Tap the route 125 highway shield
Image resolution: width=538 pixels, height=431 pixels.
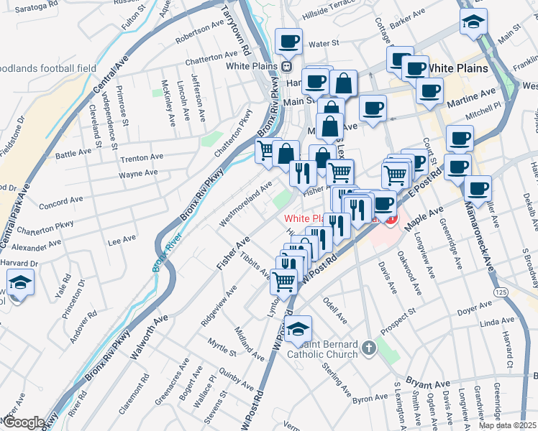pyautogui.click(x=501, y=293)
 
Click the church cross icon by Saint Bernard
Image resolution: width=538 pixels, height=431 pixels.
pyautogui.click(x=369, y=348)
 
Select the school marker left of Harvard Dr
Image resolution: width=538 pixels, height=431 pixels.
pyautogui.click(x=21, y=284)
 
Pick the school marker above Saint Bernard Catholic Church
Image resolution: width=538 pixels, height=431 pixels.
pyautogui.click(x=298, y=329)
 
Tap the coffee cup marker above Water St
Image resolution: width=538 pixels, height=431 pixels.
pyautogui.click(x=288, y=41)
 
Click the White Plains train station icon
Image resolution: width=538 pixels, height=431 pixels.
pyautogui.click(x=286, y=66)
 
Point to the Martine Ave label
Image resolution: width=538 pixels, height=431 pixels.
pyautogui.click(x=471, y=94)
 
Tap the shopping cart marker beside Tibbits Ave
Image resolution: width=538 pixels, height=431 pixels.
pyautogui.click(x=284, y=281)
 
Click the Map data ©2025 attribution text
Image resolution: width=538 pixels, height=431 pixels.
pyautogui.click(x=507, y=425)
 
